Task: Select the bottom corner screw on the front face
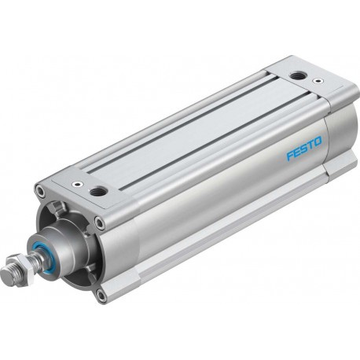coord(101,296)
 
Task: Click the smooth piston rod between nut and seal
coord(33,258)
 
